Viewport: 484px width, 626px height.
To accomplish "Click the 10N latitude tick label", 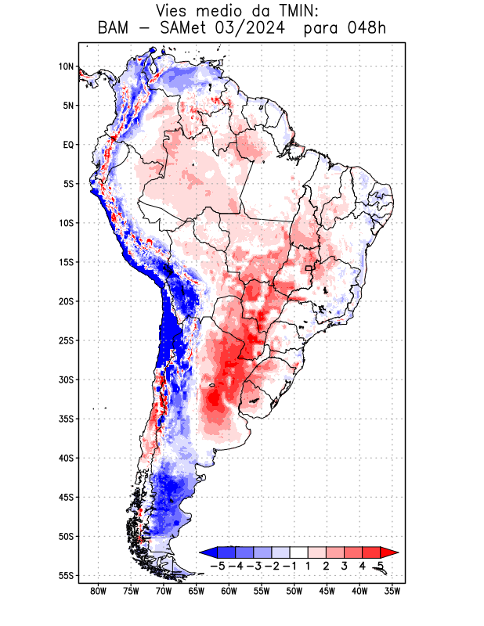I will [x=66, y=67].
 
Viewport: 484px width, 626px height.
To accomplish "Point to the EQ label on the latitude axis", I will [x=68, y=145].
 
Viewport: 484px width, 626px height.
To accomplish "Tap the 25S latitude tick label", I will [x=66, y=340].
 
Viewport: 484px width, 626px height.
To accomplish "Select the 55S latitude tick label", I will [x=66, y=575].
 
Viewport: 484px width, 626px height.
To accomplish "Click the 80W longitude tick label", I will [x=98, y=591].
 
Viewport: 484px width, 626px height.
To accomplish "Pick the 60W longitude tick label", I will [x=229, y=591].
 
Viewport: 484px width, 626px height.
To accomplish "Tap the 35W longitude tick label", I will [x=392, y=591].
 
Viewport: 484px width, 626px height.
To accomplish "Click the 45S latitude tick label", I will [x=66, y=497].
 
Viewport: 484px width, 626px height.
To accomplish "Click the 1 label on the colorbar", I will [x=308, y=566].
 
